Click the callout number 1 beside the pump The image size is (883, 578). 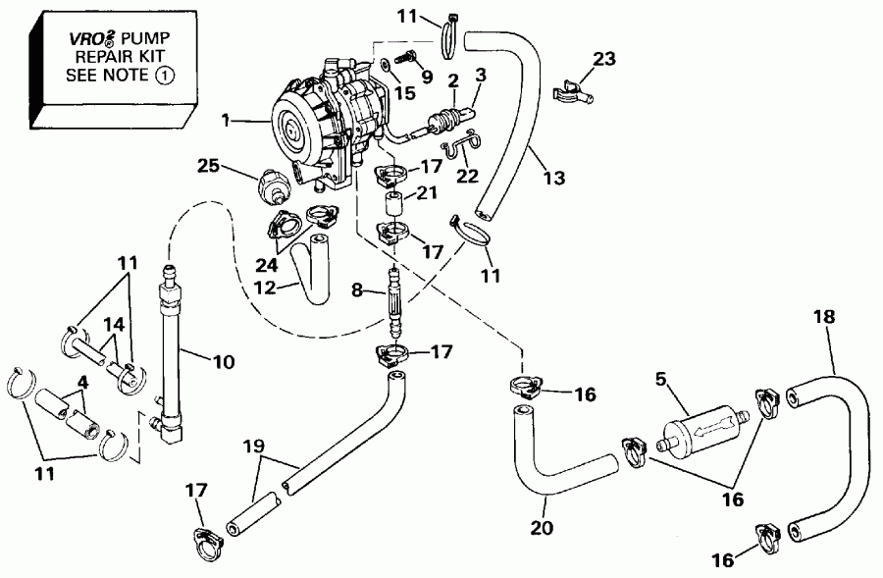[227, 122]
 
